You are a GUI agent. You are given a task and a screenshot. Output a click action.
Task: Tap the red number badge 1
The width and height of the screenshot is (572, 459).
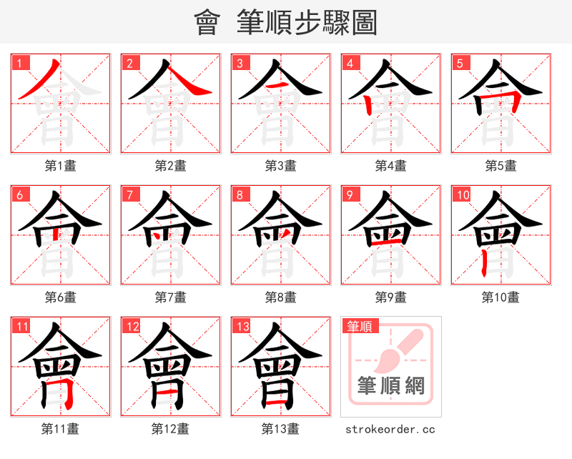click(x=19, y=63)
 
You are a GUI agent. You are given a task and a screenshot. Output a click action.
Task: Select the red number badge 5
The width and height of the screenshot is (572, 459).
click(x=460, y=63)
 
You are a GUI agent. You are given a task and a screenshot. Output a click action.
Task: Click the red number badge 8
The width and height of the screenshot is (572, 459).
click(x=240, y=194)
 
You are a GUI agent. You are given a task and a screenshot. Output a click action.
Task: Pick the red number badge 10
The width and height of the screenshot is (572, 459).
click(x=463, y=194)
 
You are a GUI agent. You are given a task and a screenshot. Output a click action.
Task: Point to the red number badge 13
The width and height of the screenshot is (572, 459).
click(x=242, y=327)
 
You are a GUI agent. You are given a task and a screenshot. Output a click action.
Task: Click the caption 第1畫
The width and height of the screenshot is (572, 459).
click(x=61, y=166)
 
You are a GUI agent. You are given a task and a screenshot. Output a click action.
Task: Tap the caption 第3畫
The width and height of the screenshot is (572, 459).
click(x=281, y=166)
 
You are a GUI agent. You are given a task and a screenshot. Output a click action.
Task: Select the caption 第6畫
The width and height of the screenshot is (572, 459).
click(x=61, y=297)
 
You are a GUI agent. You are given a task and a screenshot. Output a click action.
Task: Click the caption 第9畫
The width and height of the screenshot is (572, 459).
click(x=391, y=297)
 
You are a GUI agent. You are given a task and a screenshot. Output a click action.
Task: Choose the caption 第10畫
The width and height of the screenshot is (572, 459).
click(x=500, y=297)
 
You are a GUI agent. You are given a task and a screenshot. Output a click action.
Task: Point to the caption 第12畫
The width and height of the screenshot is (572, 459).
click(x=171, y=429)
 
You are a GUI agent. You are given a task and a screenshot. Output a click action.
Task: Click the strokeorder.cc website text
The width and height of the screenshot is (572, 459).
click(x=390, y=429)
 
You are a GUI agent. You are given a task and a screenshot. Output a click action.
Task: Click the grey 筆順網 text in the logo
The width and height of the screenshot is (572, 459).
click(x=391, y=386)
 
